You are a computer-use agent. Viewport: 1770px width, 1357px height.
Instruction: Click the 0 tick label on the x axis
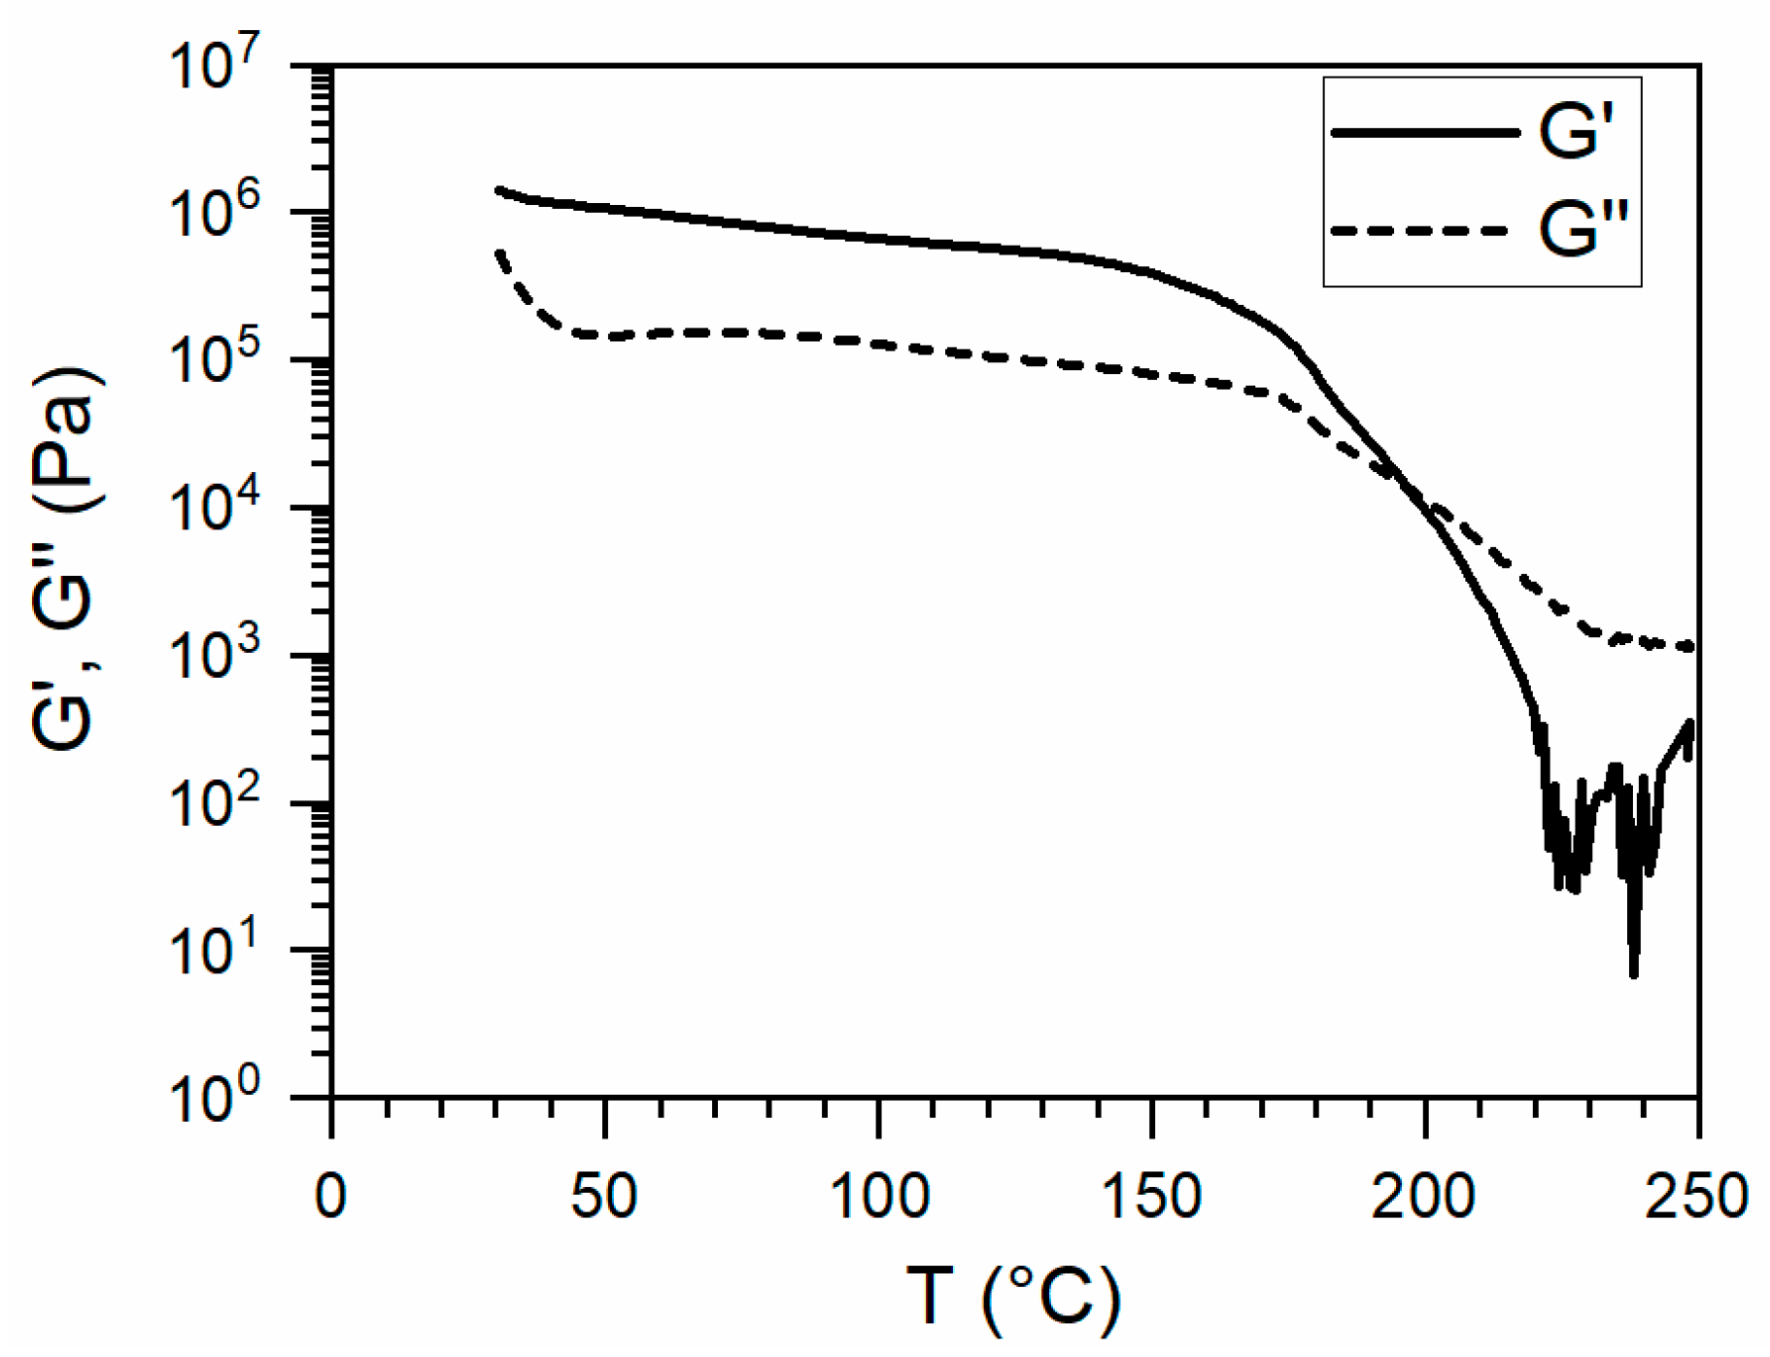pyautogui.click(x=330, y=1196)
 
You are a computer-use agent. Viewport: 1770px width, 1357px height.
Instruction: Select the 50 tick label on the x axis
pyautogui.click(x=603, y=1196)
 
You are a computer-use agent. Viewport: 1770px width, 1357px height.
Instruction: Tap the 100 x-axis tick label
pyautogui.click(x=878, y=1196)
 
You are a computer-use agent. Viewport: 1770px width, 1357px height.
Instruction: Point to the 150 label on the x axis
pyautogui.click(x=1151, y=1196)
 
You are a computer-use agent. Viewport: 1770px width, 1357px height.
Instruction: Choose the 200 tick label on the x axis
pyautogui.click(x=1424, y=1196)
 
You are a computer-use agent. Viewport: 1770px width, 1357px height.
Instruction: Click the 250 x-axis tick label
pyautogui.click(x=1696, y=1196)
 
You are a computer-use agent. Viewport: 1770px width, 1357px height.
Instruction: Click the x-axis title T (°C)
pyautogui.click(x=1012, y=1298)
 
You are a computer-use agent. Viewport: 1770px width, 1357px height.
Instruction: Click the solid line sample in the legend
pyautogui.click(x=1423, y=132)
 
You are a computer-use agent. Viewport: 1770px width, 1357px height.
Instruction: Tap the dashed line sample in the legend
pyautogui.click(x=1418, y=231)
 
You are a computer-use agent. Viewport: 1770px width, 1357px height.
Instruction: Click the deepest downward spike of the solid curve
pyautogui.click(x=1634, y=973)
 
